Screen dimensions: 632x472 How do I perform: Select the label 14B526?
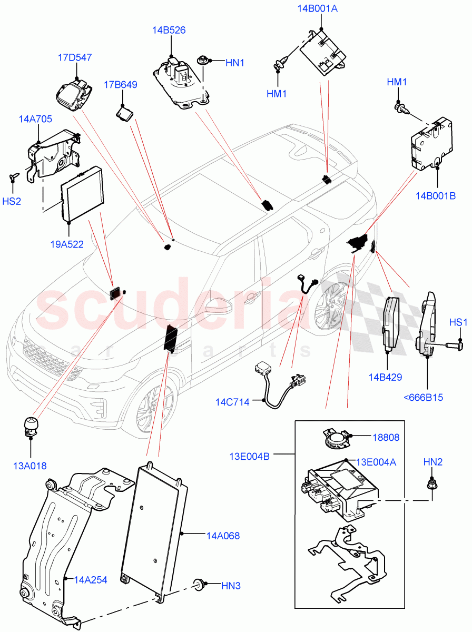click(x=169, y=31)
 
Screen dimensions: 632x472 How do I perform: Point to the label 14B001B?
click(x=435, y=196)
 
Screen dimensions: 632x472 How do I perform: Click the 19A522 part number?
click(x=66, y=244)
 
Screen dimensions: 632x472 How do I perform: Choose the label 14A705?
click(x=35, y=119)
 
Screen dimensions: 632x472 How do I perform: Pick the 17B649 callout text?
click(x=120, y=84)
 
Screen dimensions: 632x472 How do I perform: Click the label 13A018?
click(x=29, y=466)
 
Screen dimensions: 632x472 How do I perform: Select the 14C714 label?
click(x=232, y=402)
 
